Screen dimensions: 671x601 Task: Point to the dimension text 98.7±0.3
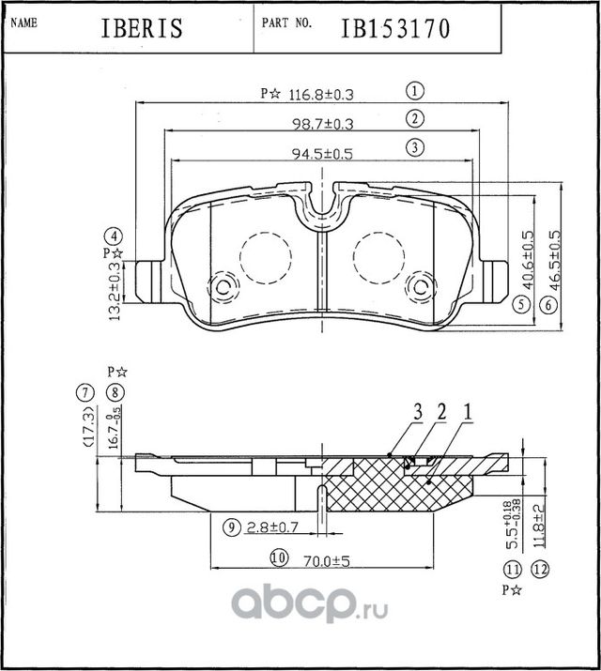(317, 123)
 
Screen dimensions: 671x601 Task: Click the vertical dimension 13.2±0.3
(115, 291)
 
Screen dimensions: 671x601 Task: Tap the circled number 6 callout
(546, 304)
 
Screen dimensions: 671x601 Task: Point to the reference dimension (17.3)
(87, 429)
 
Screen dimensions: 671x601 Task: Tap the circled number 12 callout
(538, 569)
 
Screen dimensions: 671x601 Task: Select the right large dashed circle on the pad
(380, 253)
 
